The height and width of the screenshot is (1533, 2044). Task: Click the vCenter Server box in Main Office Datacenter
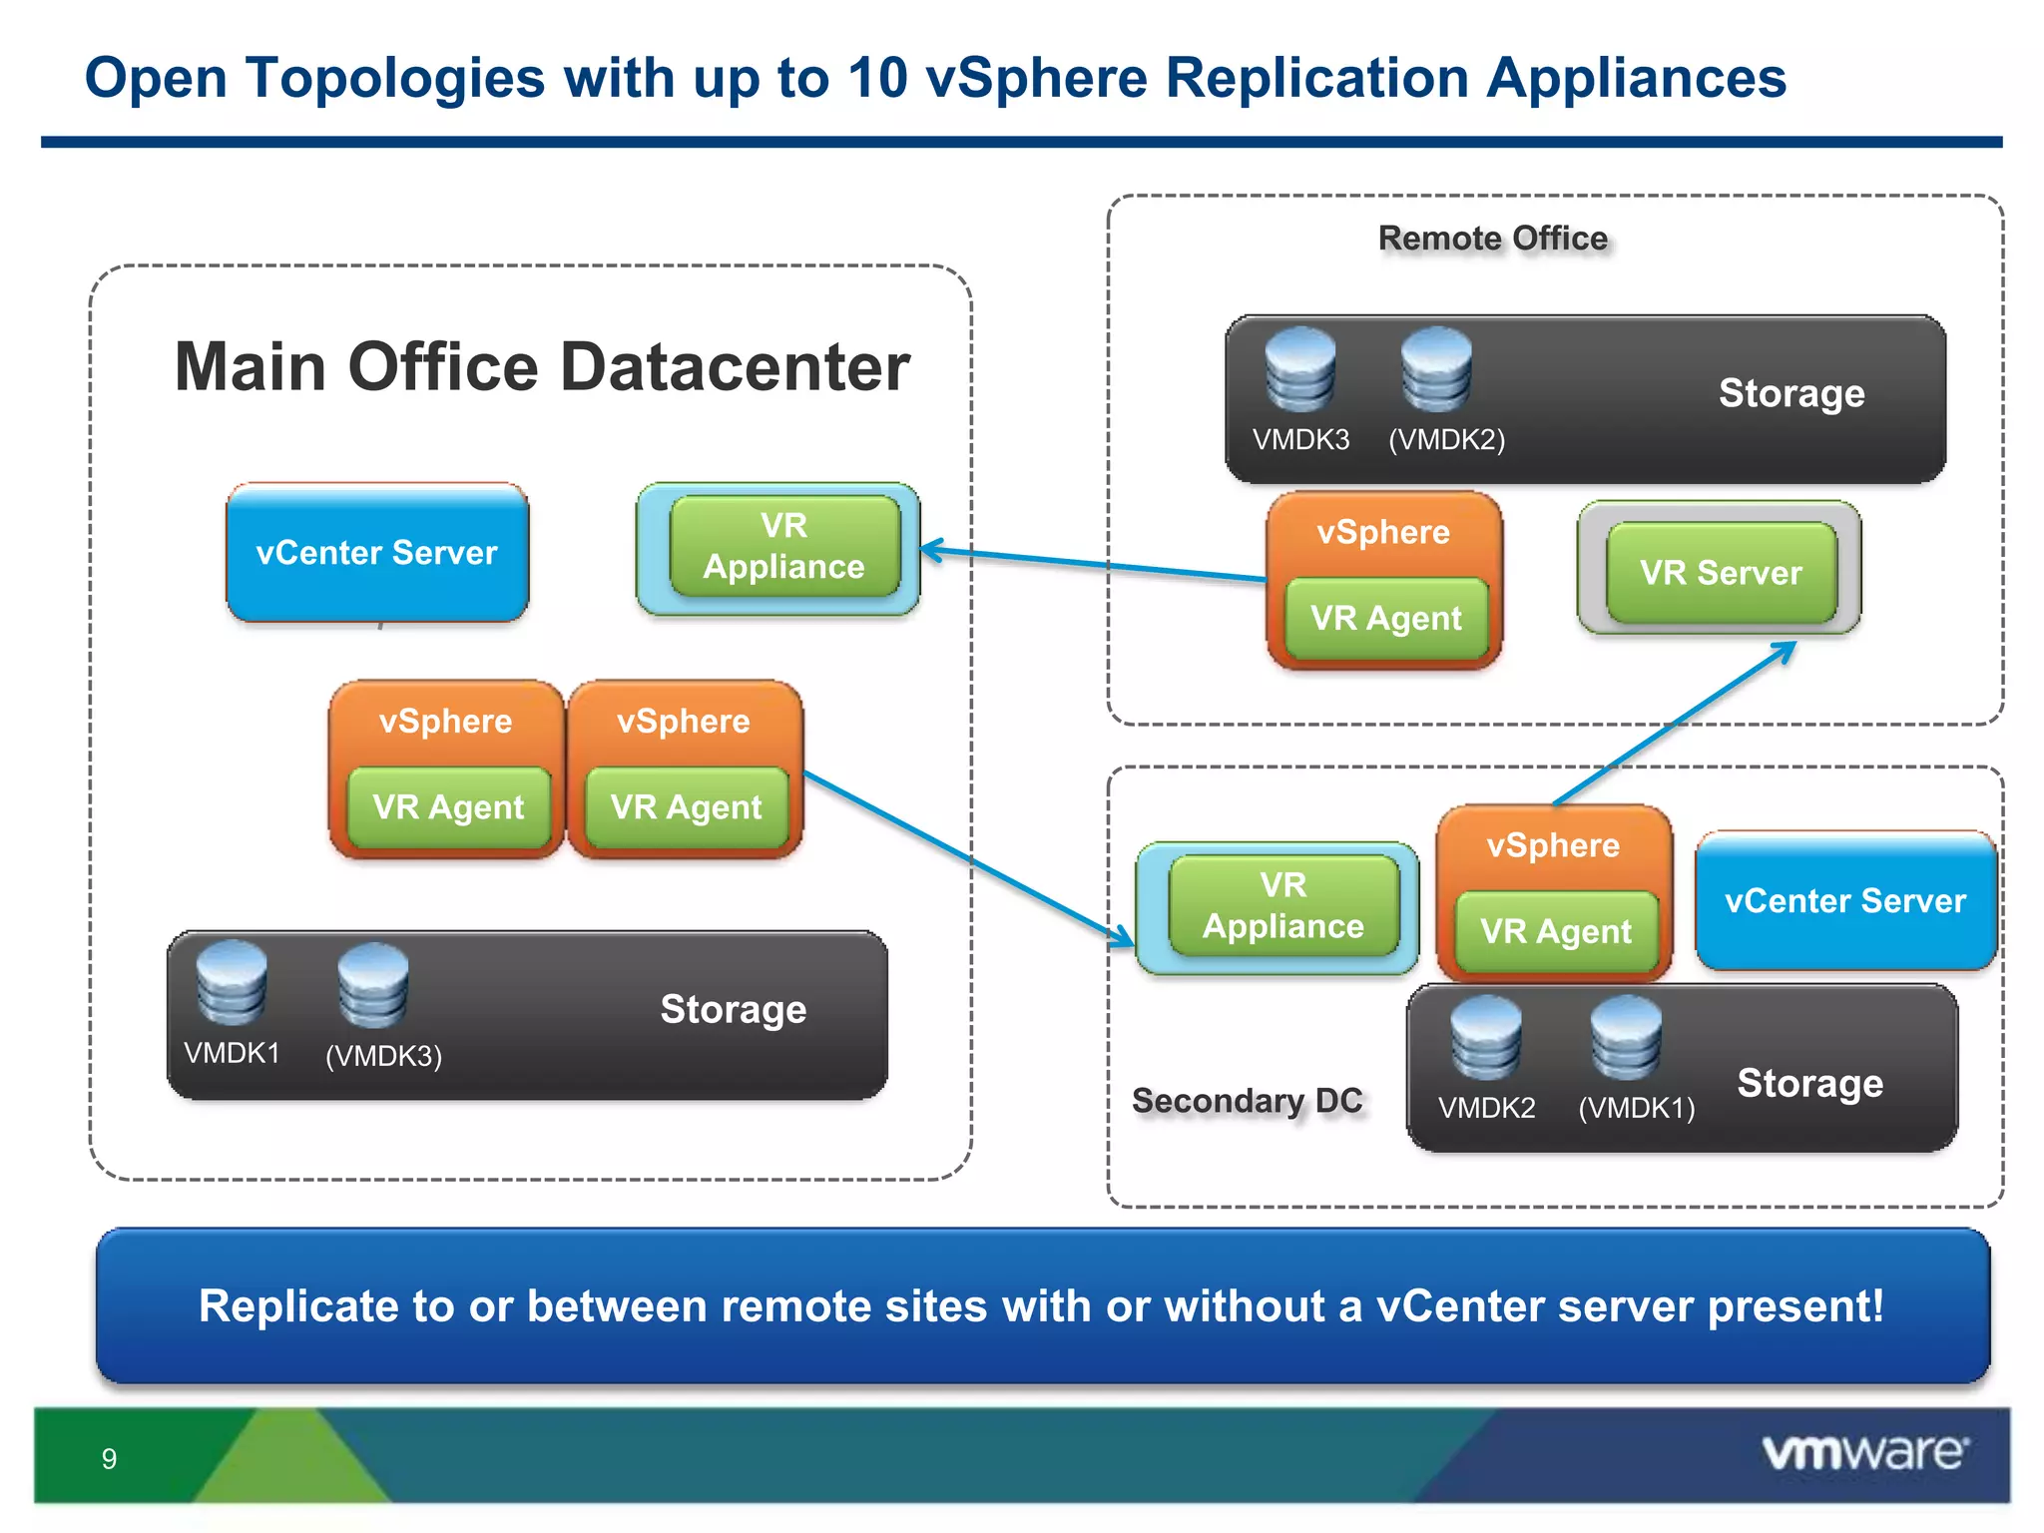(376, 553)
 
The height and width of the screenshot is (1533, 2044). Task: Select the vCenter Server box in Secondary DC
(1844, 900)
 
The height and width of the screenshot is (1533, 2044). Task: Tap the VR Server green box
(1721, 573)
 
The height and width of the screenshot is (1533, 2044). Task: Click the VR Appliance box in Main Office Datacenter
(783, 546)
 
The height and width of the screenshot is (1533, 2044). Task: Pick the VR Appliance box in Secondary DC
(1282, 905)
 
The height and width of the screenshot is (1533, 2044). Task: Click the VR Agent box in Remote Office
(1385, 619)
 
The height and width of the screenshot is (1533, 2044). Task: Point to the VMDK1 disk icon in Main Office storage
(232, 983)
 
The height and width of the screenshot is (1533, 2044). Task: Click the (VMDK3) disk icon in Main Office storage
(372, 986)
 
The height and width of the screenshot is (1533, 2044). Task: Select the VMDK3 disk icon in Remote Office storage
(1299, 370)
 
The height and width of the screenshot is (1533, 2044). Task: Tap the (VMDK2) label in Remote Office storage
(1446, 439)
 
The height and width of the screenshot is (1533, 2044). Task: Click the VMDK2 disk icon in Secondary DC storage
(1485, 1038)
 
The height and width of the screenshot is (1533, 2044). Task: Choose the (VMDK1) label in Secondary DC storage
(1636, 1108)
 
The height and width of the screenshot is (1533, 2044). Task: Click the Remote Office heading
(1492, 239)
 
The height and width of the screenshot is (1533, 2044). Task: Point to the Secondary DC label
(1247, 1100)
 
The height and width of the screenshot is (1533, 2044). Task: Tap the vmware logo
(1864, 1452)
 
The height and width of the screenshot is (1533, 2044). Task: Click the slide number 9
(109, 1459)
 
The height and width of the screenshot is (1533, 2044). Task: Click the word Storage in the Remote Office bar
(1790, 393)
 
